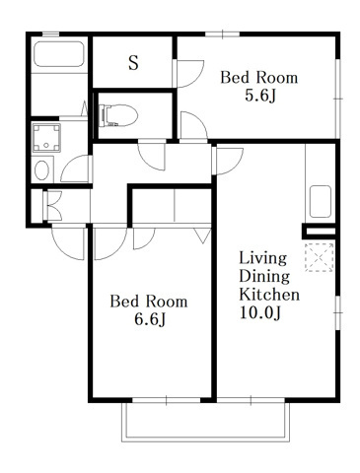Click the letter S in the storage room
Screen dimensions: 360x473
[133, 62]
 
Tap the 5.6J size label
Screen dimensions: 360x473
[259, 96]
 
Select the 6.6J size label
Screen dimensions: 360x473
[149, 319]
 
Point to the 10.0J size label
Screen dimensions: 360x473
[259, 312]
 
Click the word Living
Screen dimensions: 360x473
[262, 258]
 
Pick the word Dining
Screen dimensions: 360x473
[264, 276]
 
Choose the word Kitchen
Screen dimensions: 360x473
[269, 294]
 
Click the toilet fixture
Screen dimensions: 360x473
[117, 115]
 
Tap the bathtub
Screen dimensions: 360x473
[59, 54]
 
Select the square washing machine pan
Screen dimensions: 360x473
[46, 138]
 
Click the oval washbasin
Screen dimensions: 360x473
[41, 169]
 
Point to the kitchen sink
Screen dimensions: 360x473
[321, 202]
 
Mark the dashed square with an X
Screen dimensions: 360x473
[319, 257]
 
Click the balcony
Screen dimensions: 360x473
[206, 421]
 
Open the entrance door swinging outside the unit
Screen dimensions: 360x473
[68, 243]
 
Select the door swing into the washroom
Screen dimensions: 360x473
[76, 169]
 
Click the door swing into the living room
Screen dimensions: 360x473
[228, 162]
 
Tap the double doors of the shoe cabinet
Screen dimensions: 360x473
[52, 206]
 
